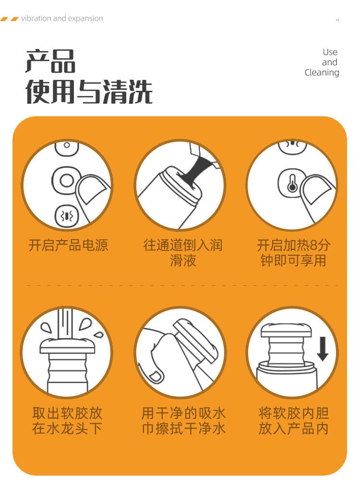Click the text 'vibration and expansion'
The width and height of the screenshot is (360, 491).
click(x=62, y=18)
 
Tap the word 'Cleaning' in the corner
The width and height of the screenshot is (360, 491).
click(x=322, y=73)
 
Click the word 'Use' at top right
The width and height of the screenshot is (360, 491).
click(x=330, y=52)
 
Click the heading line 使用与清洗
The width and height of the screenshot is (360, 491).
click(x=89, y=91)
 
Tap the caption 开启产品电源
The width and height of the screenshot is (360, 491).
click(x=68, y=245)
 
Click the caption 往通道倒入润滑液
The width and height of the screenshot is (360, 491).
click(x=183, y=253)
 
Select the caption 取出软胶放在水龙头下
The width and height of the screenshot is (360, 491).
click(x=67, y=420)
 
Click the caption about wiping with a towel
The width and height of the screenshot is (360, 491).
click(x=183, y=420)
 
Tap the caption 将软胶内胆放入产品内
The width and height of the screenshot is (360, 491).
click(x=293, y=420)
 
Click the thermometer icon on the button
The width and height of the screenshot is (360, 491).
click(x=292, y=184)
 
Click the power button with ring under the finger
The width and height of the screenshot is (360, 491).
click(x=65, y=180)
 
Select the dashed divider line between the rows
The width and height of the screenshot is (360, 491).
click(x=183, y=285)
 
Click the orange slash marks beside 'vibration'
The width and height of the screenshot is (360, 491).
click(x=10, y=19)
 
